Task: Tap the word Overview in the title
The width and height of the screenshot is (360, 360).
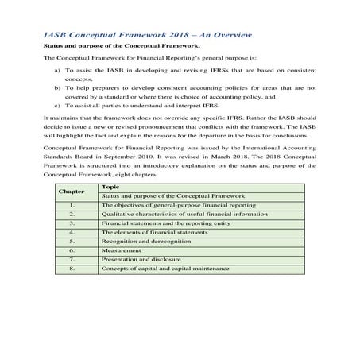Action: [x=226, y=34]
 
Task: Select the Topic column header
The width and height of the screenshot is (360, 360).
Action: [x=110, y=186]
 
